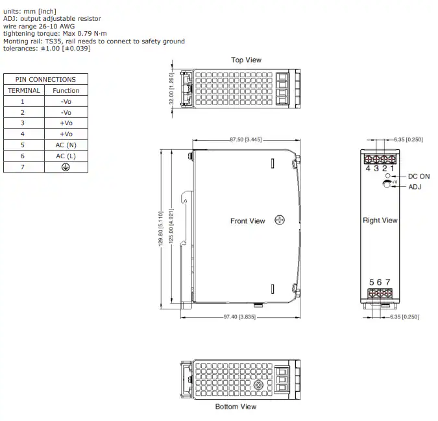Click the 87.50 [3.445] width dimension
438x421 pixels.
coord(246,139)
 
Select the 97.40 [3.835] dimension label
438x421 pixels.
coord(239,317)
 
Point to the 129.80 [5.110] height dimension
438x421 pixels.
coord(161,228)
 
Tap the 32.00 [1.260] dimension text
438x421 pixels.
coord(171,89)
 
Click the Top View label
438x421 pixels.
coord(246,60)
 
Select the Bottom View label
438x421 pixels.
coord(236,407)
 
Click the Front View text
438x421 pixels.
coord(247,221)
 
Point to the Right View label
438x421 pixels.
coord(380,221)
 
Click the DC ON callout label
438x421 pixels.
coord(419,176)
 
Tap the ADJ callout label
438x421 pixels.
coord(415,187)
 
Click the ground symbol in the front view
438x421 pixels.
coord(280,220)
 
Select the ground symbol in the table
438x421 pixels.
coord(66,167)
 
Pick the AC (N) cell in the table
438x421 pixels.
coord(66,145)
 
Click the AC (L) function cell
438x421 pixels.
coord(66,156)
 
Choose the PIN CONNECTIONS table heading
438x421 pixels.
coord(45,80)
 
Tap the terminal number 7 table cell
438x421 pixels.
coord(23,167)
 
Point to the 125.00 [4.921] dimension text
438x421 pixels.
coord(171,226)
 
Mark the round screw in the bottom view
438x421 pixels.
coord(258,385)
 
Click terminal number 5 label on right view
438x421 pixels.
coord(372,282)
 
